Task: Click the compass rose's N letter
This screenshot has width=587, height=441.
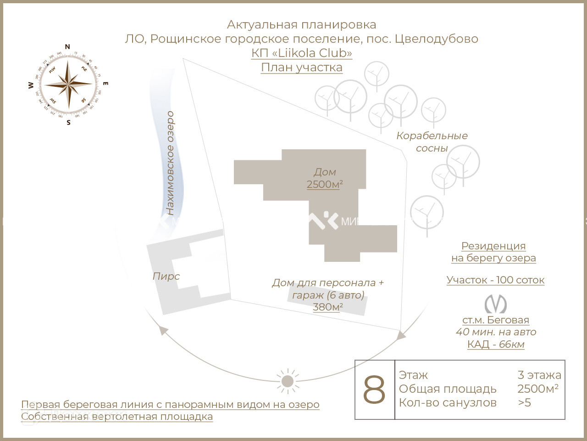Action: (x=67, y=46)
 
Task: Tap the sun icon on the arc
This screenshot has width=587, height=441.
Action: (x=288, y=381)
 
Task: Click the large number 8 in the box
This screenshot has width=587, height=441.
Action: (x=374, y=390)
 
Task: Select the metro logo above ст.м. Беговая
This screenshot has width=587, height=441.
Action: (x=495, y=304)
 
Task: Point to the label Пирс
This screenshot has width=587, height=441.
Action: (x=166, y=276)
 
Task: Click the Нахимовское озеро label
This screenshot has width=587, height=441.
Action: (x=170, y=163)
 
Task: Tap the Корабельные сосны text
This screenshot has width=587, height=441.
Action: (x=432, y=142)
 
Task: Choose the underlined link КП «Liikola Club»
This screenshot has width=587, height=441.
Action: (x=302, y=53)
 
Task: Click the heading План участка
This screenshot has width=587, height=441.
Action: (x=302, y=67)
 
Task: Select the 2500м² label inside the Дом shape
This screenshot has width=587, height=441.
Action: (x=325, y=184)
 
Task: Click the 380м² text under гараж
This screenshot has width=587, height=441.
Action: (x=328, y=307)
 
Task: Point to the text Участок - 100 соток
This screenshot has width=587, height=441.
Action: (x=495, y=280)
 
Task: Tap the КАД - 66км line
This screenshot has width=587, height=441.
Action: (x=496, y=344)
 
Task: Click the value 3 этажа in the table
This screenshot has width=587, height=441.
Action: (x=539, y=375)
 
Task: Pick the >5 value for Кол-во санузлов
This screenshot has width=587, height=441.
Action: (x=524, y=403)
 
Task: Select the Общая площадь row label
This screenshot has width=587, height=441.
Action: (x=448, y=389)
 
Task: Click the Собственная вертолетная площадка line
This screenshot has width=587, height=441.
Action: (x=117, y=417)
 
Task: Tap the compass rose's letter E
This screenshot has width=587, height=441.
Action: (x=105, y=84)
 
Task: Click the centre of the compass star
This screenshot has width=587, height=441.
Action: (x=68, y=84)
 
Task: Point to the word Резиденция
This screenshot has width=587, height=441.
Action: (x=493, y=246)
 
